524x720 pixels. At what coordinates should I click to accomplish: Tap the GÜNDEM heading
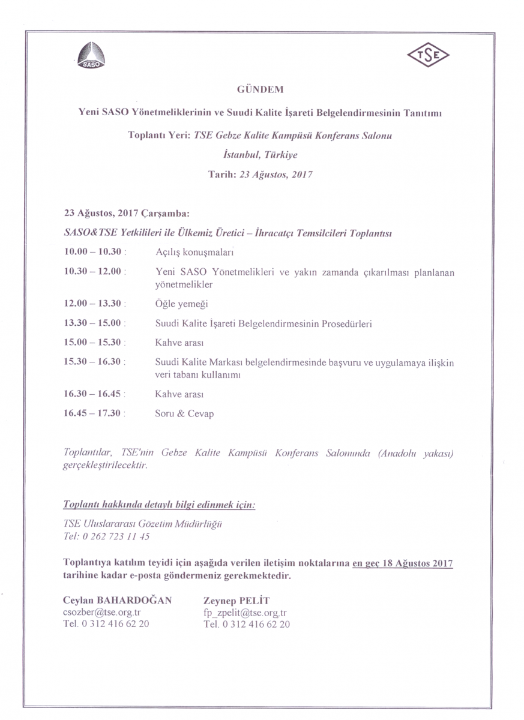[x=260, y=89]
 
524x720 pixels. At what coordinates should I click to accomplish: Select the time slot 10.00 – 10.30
[x=93, y=251]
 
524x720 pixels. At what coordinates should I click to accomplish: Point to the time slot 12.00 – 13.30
[x=93, y=304]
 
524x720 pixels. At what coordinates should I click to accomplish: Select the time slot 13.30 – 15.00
[x=93, y=323]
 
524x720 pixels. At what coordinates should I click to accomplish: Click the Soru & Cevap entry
[x=184, y=413]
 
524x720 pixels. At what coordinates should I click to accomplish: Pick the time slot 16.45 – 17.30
[x=93, y=413]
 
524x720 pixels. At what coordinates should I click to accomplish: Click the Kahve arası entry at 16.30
[x=179, y=394]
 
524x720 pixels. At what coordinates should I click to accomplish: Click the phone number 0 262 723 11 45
[x=115, y=536]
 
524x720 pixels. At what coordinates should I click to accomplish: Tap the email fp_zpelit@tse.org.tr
[x=245, y=613]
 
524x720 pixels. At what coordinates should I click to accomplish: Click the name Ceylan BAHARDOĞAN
[x=117, y=600]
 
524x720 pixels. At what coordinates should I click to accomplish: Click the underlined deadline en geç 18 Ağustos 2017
[x=403, y=563]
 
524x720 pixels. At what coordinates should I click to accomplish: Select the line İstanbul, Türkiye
[x=260, y=154]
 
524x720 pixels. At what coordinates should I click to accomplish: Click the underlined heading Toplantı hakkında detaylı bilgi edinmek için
[x=159, y=505]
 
